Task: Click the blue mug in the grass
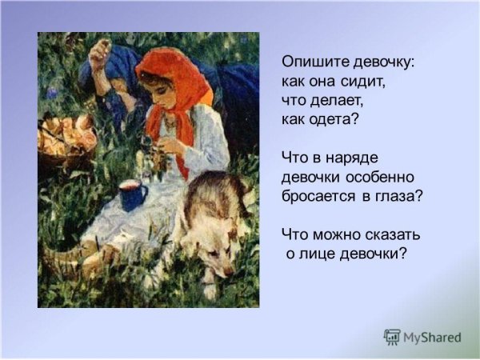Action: [133, 194]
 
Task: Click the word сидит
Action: [367, 82]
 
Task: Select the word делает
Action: [335, 101]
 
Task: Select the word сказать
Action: [391, 235]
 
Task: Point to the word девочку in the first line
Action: [382, 62]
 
